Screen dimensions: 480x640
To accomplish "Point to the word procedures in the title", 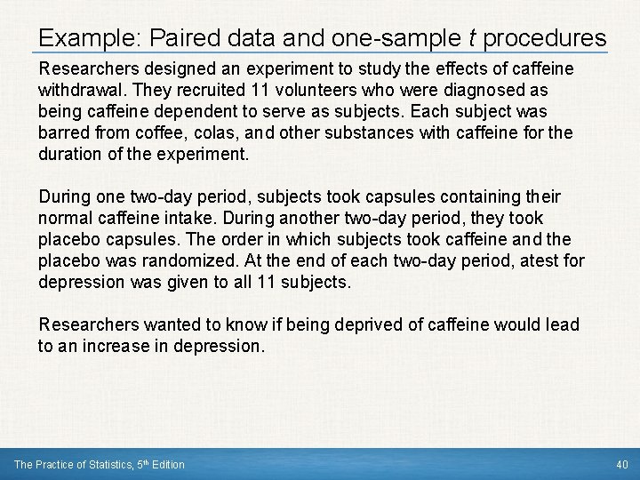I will pyautogui.click(x=548, y=39).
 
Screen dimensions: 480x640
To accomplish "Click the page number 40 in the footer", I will pyautogui.click(x=621, y=465).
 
